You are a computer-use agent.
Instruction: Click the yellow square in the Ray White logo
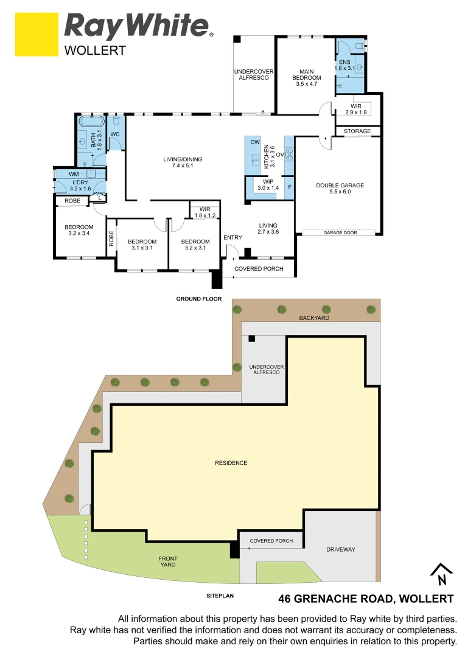click(x=36, y=35)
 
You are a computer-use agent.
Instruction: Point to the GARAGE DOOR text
click(x=340, y=232)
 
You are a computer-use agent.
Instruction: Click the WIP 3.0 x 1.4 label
click(x=268, y=185)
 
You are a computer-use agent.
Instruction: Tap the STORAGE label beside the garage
click(x=357, y=131)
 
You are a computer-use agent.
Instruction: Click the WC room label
click(x=114, y=134)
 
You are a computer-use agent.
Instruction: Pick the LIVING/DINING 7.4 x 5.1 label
click(x=183, y=163)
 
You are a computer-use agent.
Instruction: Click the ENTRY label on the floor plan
click(x=232, y=237)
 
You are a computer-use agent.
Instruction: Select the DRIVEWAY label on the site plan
click(x=340, y=549)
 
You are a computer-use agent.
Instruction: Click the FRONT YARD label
click(x=167, y=561)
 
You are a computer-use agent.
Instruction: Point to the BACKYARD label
click(x=313, y=318)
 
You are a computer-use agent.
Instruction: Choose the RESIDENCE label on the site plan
click(x=231, y=463)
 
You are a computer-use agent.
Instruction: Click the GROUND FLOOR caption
click(x=198, y=299)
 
